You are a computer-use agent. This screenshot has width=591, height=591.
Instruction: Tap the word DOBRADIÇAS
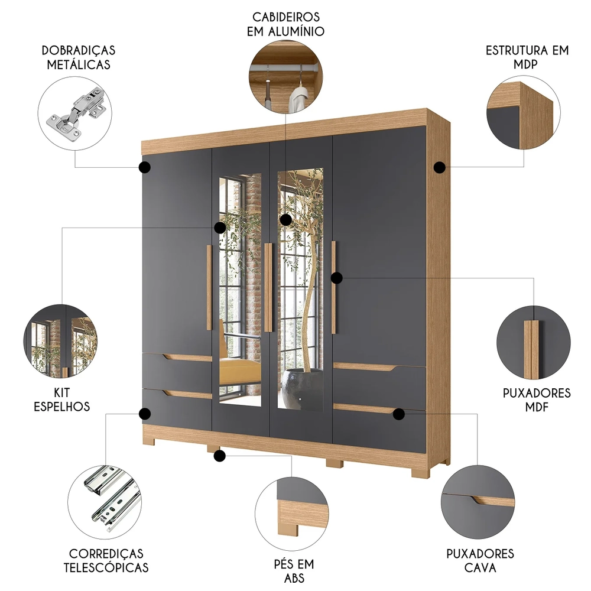[78, 50]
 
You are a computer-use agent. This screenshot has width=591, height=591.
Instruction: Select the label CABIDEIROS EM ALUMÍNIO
[285, 23]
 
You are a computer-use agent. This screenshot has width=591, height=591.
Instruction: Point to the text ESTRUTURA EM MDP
[527, 57]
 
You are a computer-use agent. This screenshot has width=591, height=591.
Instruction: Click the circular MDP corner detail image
[520, 115]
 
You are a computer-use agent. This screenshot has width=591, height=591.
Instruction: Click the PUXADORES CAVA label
[480, 561]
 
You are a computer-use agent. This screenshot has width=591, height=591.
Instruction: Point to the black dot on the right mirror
[286, 220]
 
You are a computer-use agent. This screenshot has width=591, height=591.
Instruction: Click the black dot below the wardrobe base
[220, 456]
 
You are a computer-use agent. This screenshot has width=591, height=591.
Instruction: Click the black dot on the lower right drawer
[398, 414]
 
